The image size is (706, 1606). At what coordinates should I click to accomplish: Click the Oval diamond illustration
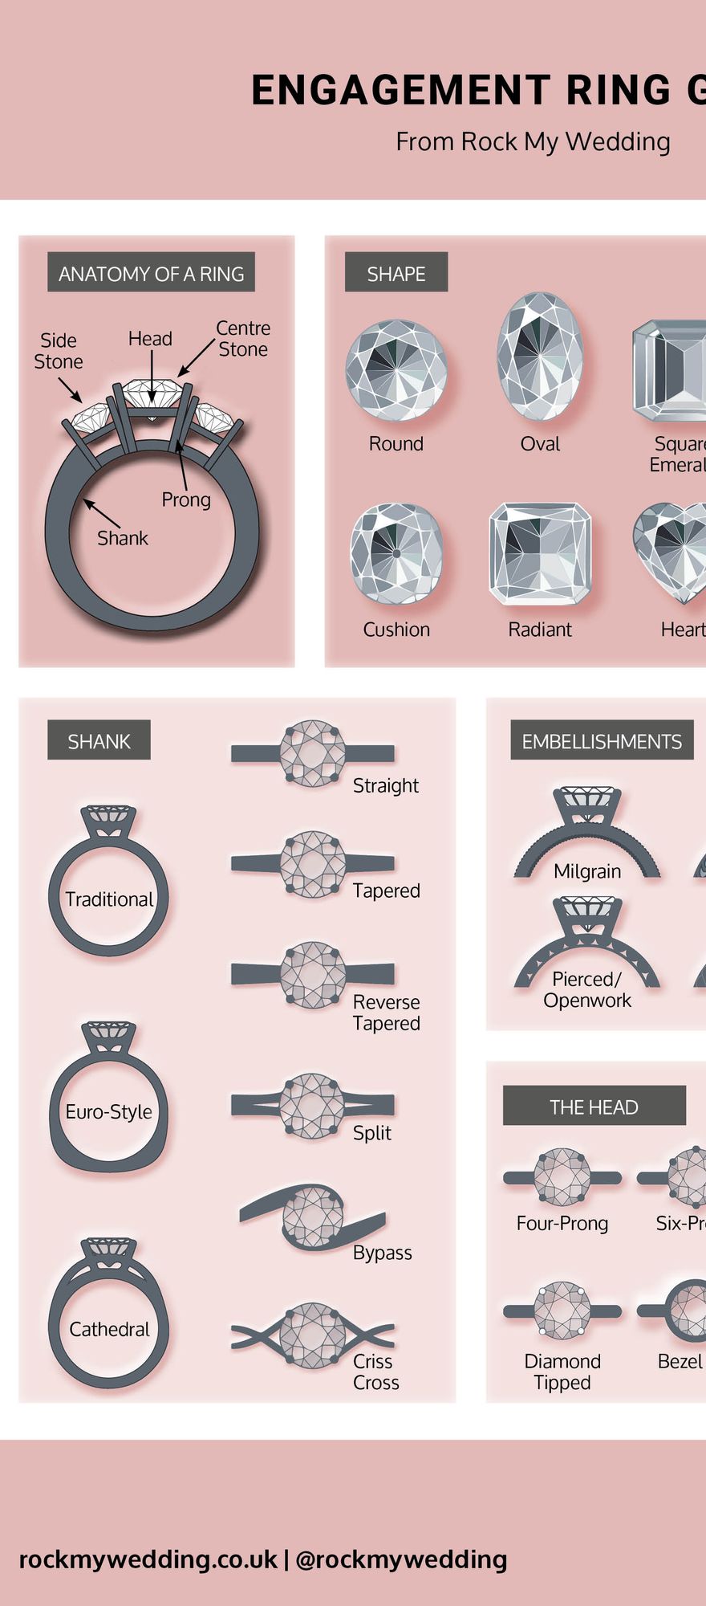click(540, 357)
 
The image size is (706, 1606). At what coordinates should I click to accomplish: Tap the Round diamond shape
click(396, 370)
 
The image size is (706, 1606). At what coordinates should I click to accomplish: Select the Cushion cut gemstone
click(396, 554)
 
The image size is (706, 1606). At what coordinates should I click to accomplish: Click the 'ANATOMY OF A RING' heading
click(151, 274)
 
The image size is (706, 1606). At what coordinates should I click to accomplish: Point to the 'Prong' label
click(186, 499)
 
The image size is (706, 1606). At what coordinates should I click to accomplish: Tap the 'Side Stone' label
click(59, 351)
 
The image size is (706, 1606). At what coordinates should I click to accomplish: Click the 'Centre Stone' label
click(243, 339)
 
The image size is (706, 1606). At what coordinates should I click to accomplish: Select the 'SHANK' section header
click(99, 741)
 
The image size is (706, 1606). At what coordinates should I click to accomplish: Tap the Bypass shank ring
click(313, 1217)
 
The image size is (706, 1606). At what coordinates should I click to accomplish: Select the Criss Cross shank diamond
click(313, 1335)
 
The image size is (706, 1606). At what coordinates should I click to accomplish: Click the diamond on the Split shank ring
click(313, 1105)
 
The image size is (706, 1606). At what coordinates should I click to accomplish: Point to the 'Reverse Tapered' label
click(387, 1013)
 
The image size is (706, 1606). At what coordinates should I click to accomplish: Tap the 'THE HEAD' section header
click(594, 1107)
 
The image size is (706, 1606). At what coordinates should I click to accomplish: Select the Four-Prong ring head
click(562, 1177)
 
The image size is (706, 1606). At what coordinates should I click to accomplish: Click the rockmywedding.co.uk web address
click(148, 1559)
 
